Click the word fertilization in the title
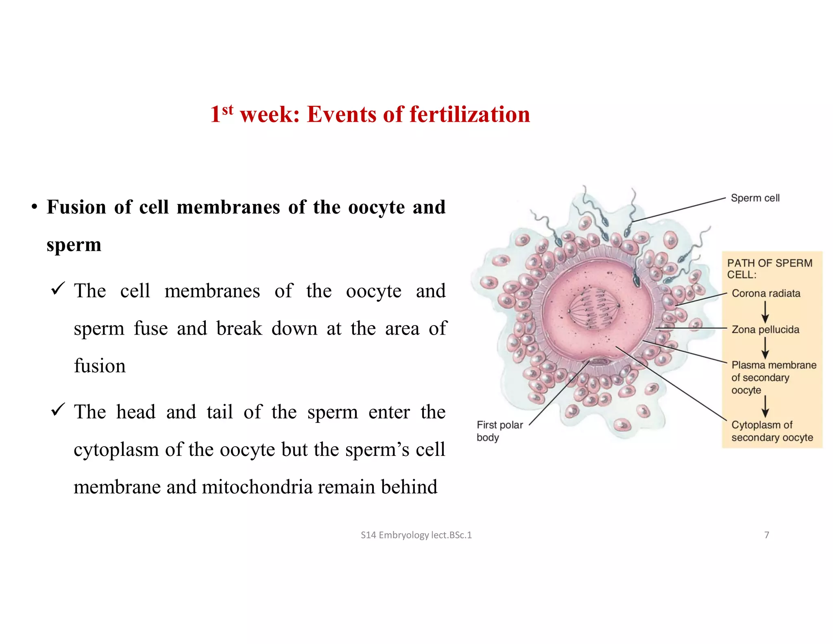point(469,114)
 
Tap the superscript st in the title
point(228,109)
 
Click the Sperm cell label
point(755,198)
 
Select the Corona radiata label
point(765,294)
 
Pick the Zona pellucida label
point(765,329)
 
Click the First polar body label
point(499,431)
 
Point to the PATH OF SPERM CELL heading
point(769,269)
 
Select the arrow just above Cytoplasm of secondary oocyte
point(765,405)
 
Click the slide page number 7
point(767,535)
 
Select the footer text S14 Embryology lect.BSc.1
point(416,535)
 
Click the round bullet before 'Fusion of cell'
point(35,208)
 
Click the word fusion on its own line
point(100,366)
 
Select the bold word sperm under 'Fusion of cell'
point(74,245)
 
